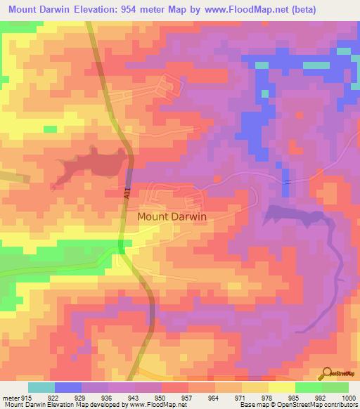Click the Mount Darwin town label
click(x=172, y=217)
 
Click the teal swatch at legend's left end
click(x=41, y=387)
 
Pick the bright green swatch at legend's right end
click(x=335, y=387)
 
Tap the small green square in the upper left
click(x=50, y=129)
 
